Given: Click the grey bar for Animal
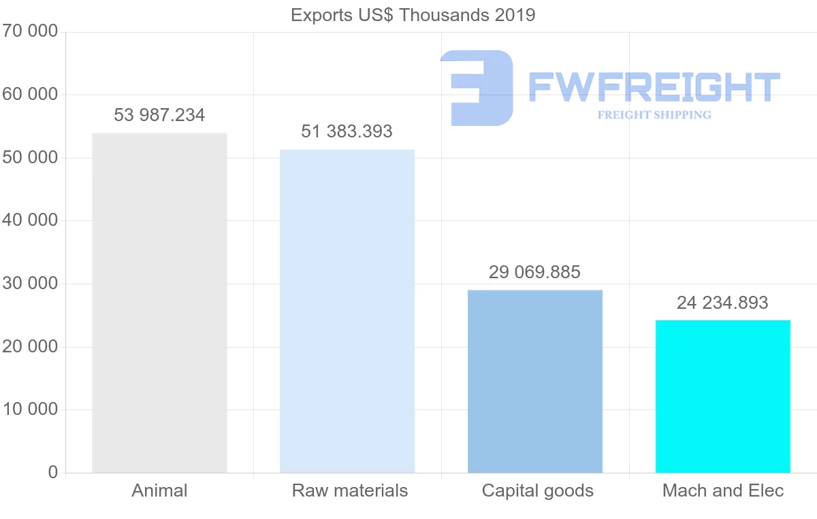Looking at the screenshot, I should coord(159,303).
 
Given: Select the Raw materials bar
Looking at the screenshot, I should coord(347,311).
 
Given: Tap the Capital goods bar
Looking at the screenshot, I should coord(535,381).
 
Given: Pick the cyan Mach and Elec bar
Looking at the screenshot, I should coord(723,396).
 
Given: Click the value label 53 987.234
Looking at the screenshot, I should coord(159,115).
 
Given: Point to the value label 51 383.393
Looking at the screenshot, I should coord(347,131).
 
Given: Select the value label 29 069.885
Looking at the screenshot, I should coord(535,272).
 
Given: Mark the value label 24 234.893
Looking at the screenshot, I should coord(722,303).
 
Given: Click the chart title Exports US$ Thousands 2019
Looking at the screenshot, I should coord(413,15).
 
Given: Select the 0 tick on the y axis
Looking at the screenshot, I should coord(53,472).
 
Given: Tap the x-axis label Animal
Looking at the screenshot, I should coord(159,490).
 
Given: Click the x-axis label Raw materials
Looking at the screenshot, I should coord(350,490).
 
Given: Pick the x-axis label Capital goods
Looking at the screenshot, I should coord(538,490).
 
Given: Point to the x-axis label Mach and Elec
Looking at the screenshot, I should coord(723,490).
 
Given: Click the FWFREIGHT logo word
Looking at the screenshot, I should coord(654,87).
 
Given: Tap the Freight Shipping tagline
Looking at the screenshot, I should coord(654,115).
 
